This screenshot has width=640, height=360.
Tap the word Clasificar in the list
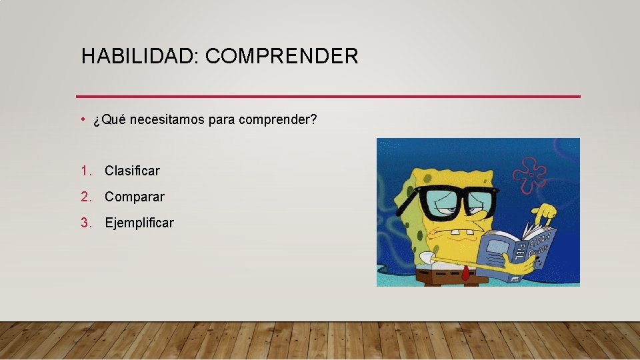[x=132, y=171]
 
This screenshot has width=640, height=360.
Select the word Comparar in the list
[x=134, y=197]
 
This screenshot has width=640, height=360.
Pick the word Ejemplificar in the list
[x=139, y=223]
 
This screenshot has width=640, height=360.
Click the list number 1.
[x=85, y=171]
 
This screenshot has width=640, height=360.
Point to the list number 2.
[x=85, y=197]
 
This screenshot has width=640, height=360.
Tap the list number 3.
[x=85, y=223]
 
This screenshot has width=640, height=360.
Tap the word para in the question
[x=221, y=121]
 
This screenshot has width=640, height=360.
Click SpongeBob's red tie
[x=465, y=273]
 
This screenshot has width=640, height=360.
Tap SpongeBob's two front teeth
[x=457, y=235]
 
